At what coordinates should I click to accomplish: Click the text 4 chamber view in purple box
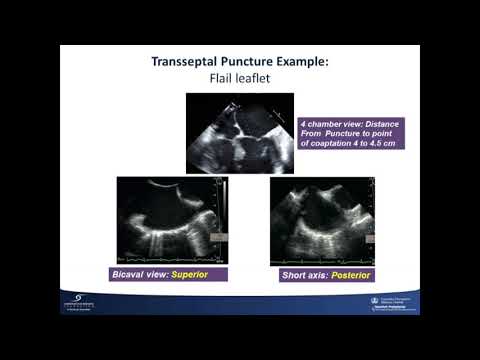[330, 123]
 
